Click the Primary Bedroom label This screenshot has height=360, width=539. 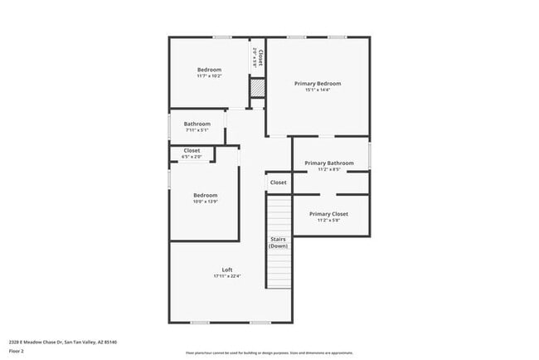click(318, 84)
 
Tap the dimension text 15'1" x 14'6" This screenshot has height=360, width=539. click(318, 90)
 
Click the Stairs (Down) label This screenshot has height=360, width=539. click(278, 242)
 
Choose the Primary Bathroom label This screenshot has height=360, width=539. click(329, 163)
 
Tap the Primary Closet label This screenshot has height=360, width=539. click(329, 214)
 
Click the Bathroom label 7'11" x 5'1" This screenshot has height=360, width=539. click(197, 124)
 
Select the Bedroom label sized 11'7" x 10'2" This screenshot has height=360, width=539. click(209, 70)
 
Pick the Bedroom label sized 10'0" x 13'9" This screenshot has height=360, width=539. click(205, 196)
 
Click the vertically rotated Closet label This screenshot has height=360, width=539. click(260, 57)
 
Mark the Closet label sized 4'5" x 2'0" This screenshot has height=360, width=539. click(192, 151)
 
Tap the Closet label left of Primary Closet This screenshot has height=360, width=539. click(278, 182)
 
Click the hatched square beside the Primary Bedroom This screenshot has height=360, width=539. click(257, 87)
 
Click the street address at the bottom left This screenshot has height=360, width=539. click(62, 342)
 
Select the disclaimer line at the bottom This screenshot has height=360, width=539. click(269, 352)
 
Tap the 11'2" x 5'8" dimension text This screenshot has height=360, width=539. click(329, 221)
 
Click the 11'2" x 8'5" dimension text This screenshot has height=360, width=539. click(329, 170)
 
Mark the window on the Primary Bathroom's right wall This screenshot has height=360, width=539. click(370, 157)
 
